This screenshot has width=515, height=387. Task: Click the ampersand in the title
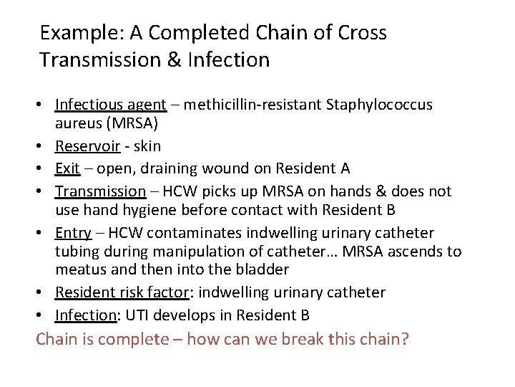point(175,59)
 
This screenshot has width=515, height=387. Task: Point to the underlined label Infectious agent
point(111,105)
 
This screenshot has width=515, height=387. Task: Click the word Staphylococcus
point(379,105)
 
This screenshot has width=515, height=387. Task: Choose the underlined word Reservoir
point(85,147)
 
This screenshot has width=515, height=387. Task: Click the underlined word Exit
point(67,169)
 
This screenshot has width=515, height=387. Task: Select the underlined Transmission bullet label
point(101,191)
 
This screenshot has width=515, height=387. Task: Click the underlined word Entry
point(74,233)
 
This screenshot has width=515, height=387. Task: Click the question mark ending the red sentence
point(405,338)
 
